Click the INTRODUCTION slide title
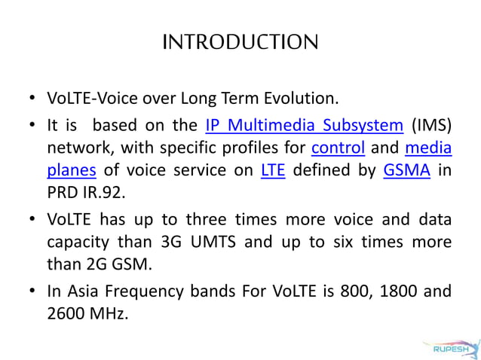coord(240,41)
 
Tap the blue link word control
coord(338,147)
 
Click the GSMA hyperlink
coord(406,169)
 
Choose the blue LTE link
coord(272,169)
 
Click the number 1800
coord(378,290)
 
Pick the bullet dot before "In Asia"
coord(31,290)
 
